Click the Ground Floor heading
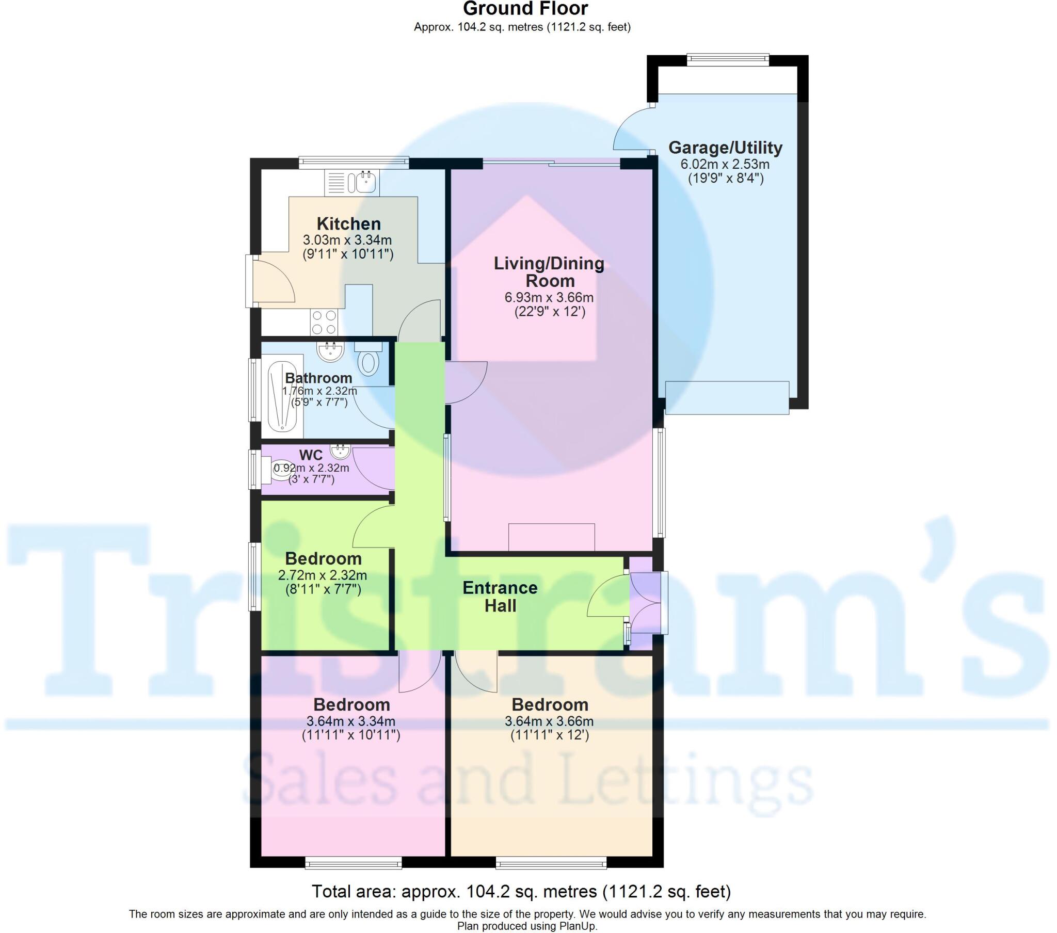tap(525, 9)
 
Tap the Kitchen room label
tap(348, 224)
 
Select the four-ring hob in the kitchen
tap(324, 321)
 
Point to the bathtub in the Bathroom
tap(282, 396)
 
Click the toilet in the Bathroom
tap(368, 361)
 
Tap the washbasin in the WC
tap(340, 451)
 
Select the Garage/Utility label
tap(725, 148)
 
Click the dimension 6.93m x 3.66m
tap(549, 298)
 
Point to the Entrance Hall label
tap(500, 597)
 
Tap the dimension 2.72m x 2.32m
tap(322, 575)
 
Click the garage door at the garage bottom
tap(727, 397)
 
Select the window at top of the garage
tap(728, 59)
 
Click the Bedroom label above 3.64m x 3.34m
tap(351, 704)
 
